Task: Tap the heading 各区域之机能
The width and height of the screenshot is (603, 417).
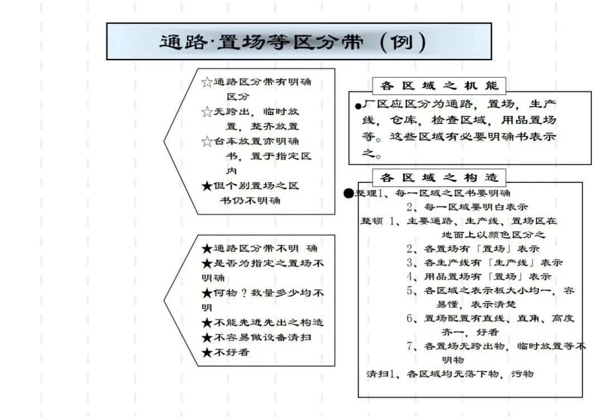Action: click(439, 87)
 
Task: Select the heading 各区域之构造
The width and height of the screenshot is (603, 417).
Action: click(439, 178)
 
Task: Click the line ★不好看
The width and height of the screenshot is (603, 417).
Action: click(226, 352)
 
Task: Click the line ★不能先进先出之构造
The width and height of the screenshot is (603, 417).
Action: click(262, 323)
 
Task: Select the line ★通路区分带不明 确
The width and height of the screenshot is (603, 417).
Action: click(260, 248)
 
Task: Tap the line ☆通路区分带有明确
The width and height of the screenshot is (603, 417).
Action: click(257, 83)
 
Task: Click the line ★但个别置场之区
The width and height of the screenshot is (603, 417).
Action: click(250, 185)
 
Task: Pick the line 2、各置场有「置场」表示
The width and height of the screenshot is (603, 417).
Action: click(473, 248)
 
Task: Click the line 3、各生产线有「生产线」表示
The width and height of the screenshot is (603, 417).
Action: click(484, 262)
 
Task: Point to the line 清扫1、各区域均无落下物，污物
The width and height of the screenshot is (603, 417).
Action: click(449, 373)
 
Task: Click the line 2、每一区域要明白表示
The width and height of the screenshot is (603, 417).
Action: click(467, 207)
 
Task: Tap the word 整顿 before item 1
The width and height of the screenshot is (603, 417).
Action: click(371, 221)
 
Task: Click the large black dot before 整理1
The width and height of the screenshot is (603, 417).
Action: click(349, 193)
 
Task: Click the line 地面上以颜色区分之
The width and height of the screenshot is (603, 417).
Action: click(493, 234)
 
